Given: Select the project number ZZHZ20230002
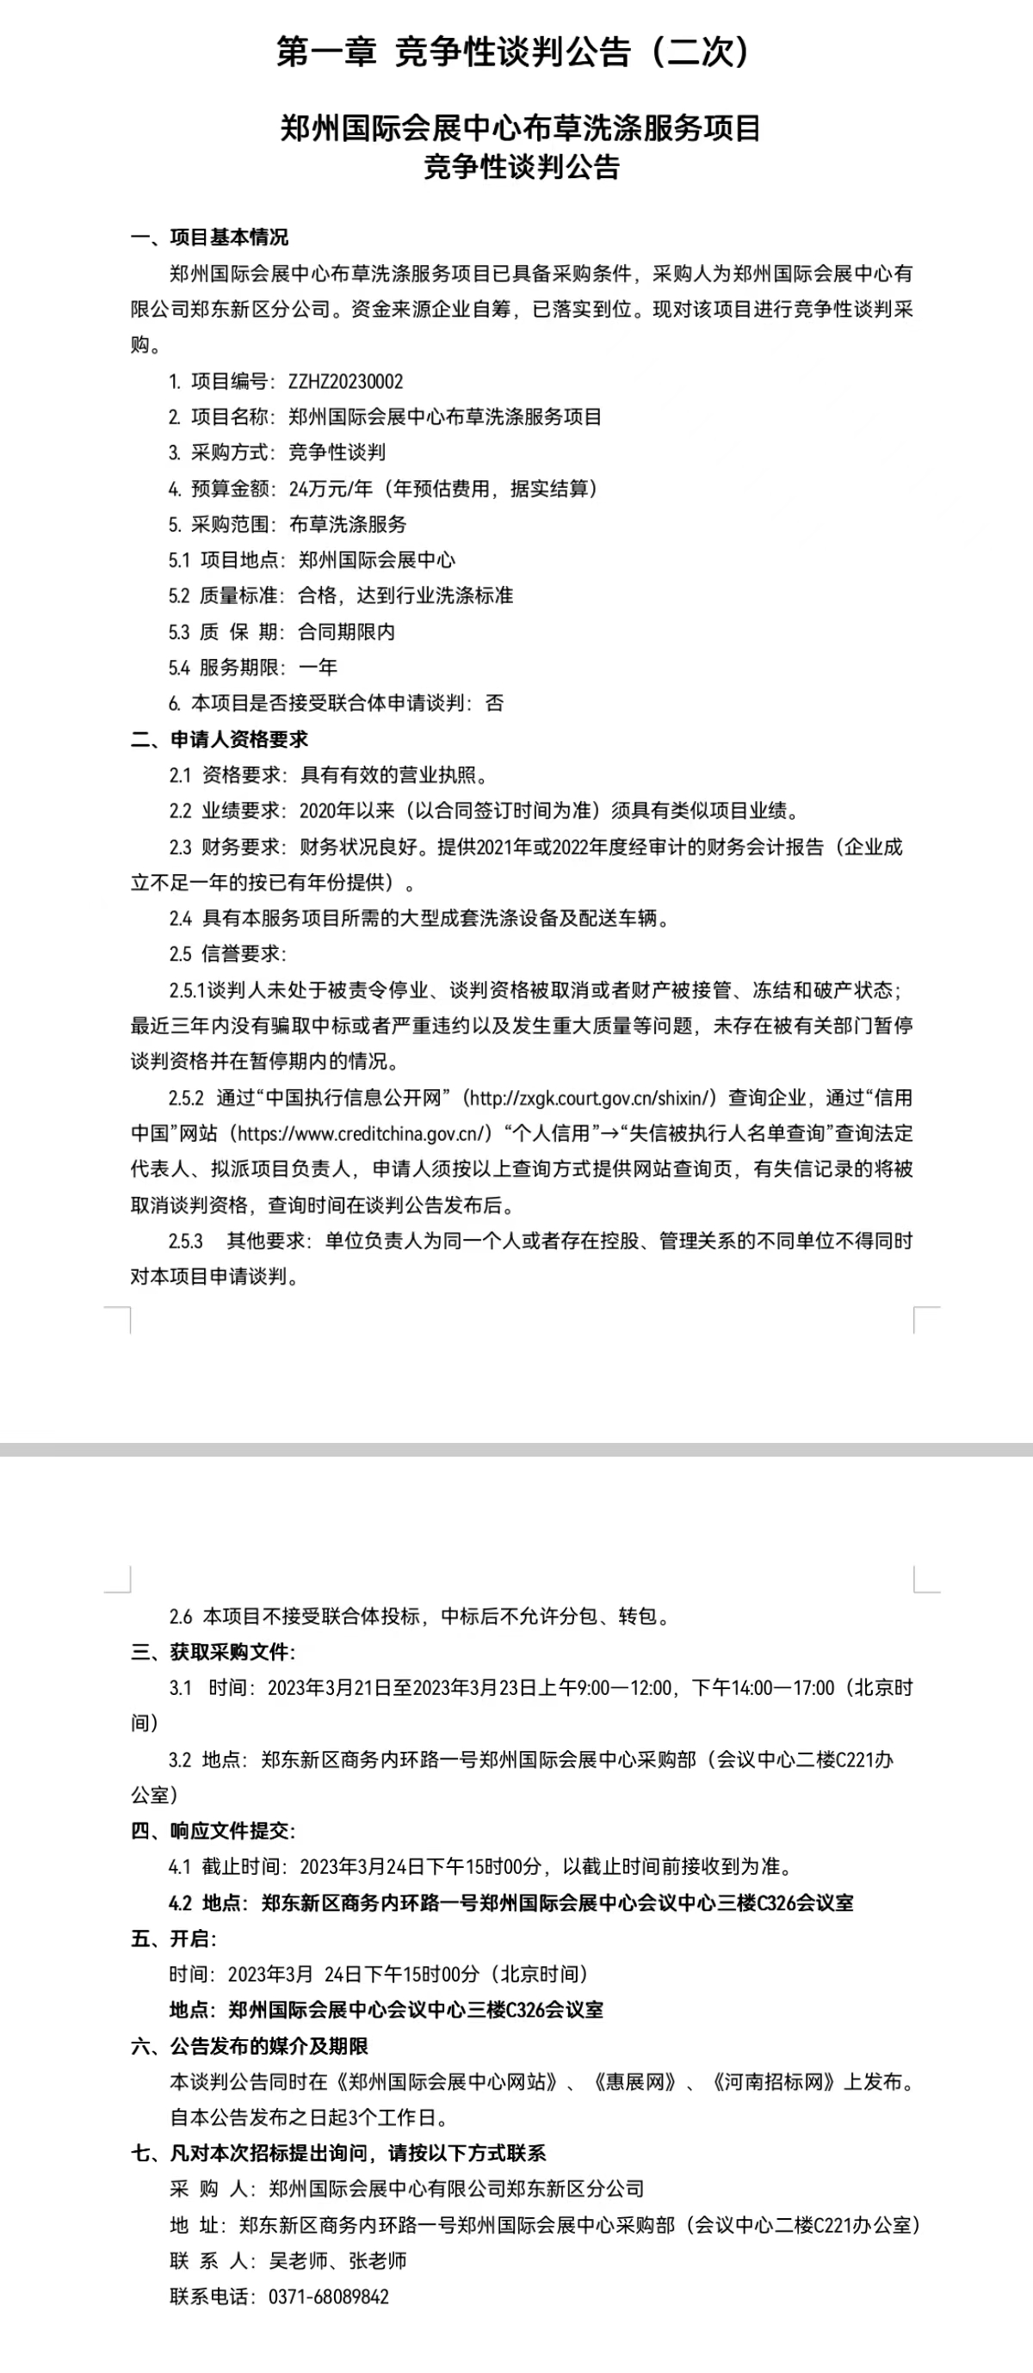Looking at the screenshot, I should [345, 381].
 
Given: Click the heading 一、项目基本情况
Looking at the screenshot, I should [209, 237].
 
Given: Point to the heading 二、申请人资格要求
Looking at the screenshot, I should [220, 739].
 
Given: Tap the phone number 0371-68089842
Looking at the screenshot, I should [329, 2296].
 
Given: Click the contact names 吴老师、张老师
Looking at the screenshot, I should [337, 2260].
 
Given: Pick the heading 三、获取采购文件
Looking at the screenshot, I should [212, 1652].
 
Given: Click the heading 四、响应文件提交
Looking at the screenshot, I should [212, 1830].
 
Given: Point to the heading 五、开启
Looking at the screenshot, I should [173, 1938].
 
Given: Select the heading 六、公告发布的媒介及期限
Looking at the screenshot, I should [250, 2046].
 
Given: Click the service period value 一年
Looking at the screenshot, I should [318, 667].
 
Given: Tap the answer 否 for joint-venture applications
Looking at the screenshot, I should [495, 703].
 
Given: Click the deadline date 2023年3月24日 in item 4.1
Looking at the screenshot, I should [362, 1866].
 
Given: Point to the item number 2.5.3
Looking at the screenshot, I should [185, 1241].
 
